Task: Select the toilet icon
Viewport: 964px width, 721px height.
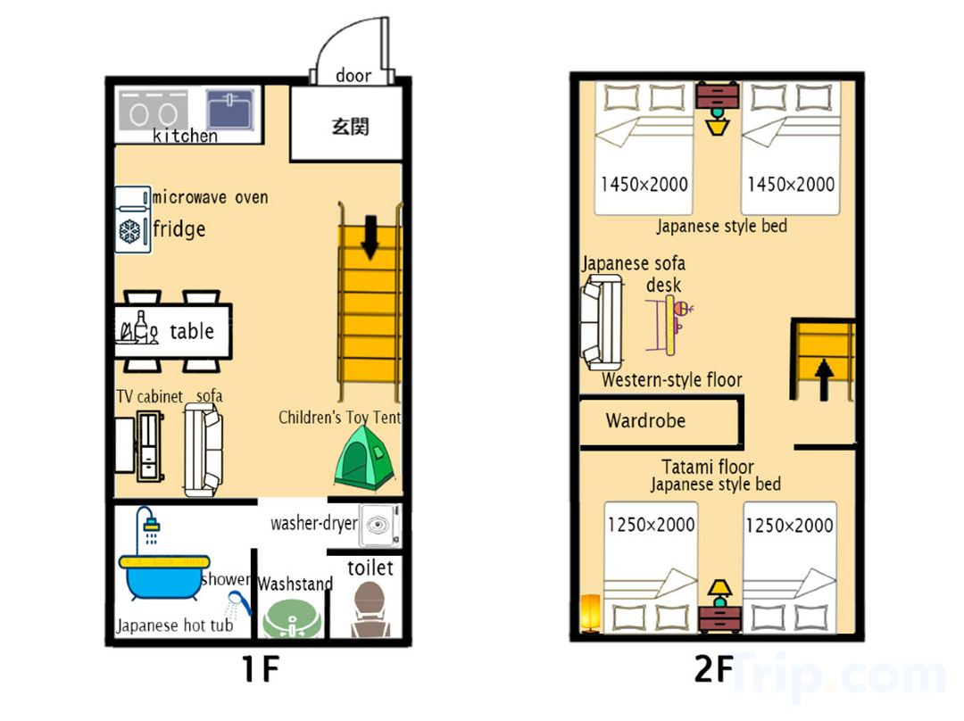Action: click(370, 609)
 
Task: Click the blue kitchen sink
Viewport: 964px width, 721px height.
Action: click(230, 110)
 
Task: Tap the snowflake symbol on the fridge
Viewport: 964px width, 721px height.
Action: click(129, 232)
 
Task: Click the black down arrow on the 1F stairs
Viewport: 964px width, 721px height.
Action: click(370, 237)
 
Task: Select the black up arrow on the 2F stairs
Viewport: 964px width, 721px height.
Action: click(824, 379)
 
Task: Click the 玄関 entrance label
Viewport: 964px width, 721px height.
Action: click(350, 127)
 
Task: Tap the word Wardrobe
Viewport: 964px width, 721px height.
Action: click(645, 421)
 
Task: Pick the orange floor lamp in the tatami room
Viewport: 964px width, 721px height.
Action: click(590, 613)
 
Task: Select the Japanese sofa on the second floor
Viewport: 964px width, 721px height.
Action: click(602, 321)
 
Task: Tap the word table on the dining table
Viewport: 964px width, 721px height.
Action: click(192, 331)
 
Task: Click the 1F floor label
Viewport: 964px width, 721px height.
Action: click(261, 669)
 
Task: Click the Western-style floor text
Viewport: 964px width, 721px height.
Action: click(672, 380)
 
